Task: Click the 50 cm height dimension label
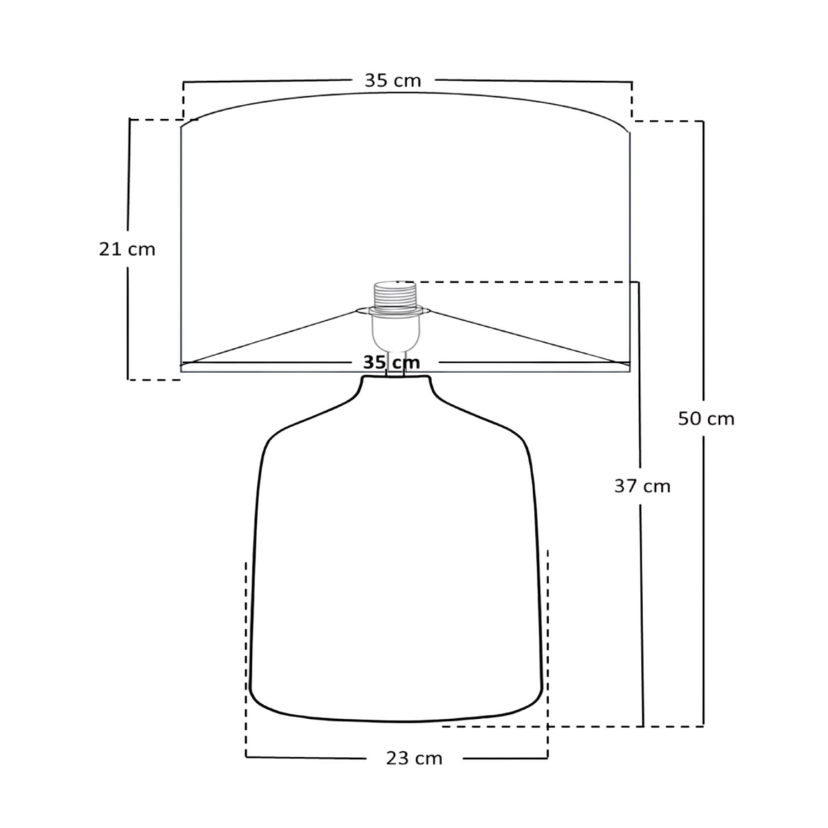click(x=706, y=419)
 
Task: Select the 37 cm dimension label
click(x=642, y=486)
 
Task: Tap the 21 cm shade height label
click(x=127, y=250)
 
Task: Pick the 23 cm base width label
click(x=414, y=758)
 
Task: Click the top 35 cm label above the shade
click(x=392, y=81)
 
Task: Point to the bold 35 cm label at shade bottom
click(x=391, y=363)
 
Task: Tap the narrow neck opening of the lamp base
click(x=395, y=377)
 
